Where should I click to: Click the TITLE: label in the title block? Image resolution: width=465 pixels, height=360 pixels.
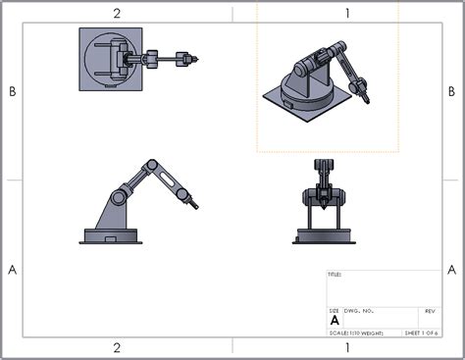[334, 276]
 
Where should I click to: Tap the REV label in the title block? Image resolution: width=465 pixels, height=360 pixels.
[430, 310]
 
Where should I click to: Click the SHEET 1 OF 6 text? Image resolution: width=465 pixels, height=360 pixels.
[425, 334]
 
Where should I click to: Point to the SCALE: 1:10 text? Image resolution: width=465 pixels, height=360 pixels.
[342, 334]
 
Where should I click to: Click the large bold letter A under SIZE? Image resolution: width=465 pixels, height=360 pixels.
[335, 321]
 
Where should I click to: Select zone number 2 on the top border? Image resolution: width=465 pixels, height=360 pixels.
[117, 13]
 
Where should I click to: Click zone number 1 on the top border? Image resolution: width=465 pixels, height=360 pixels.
[347, 13]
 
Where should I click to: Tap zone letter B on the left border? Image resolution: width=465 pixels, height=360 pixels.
[12, 91]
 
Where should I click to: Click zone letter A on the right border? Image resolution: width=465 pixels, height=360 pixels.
[452, 268]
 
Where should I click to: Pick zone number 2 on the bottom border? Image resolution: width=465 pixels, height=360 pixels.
[117, 347]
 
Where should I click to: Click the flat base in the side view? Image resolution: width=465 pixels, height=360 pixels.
[113, 236]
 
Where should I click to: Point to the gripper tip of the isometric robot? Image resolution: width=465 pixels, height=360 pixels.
[365, 98]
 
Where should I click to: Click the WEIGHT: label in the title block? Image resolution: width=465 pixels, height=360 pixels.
[378, 334]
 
